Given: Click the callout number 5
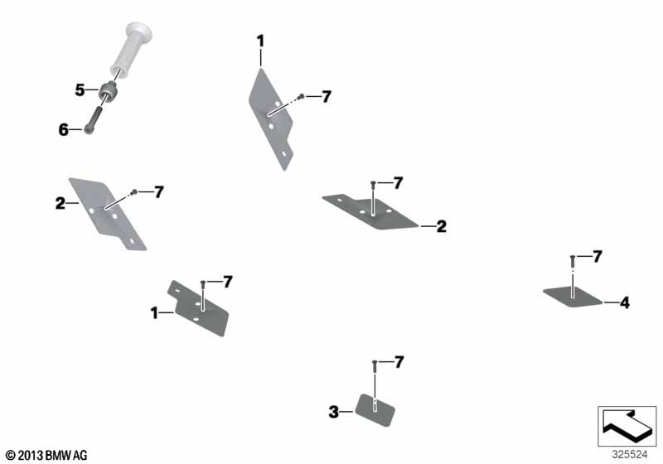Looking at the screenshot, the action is coord(80,90).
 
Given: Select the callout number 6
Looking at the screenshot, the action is coord(64,130).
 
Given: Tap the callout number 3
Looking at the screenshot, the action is coord(334,412).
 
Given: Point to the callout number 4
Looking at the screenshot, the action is coord(625,302).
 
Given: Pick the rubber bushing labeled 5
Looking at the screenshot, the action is coord(109,93).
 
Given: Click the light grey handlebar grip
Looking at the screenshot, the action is coord(132,49).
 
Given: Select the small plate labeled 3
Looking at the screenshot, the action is coord(375,409).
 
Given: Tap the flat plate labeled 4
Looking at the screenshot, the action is coord(573,297).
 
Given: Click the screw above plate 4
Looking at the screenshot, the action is coord(573,261).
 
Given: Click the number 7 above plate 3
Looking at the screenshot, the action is coord(399,362).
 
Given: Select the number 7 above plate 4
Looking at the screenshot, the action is coord(597,257).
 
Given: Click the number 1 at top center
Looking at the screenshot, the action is coord(260,41).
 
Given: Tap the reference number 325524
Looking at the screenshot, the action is coord(630,455).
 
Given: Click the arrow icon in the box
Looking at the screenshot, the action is coord(627,425).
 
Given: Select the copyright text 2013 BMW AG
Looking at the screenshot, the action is coord(46,455).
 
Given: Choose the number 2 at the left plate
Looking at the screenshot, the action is coord(60,203).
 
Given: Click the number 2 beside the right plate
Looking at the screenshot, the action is coord(442,226).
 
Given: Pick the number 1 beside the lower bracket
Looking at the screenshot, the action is coord(154,313).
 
